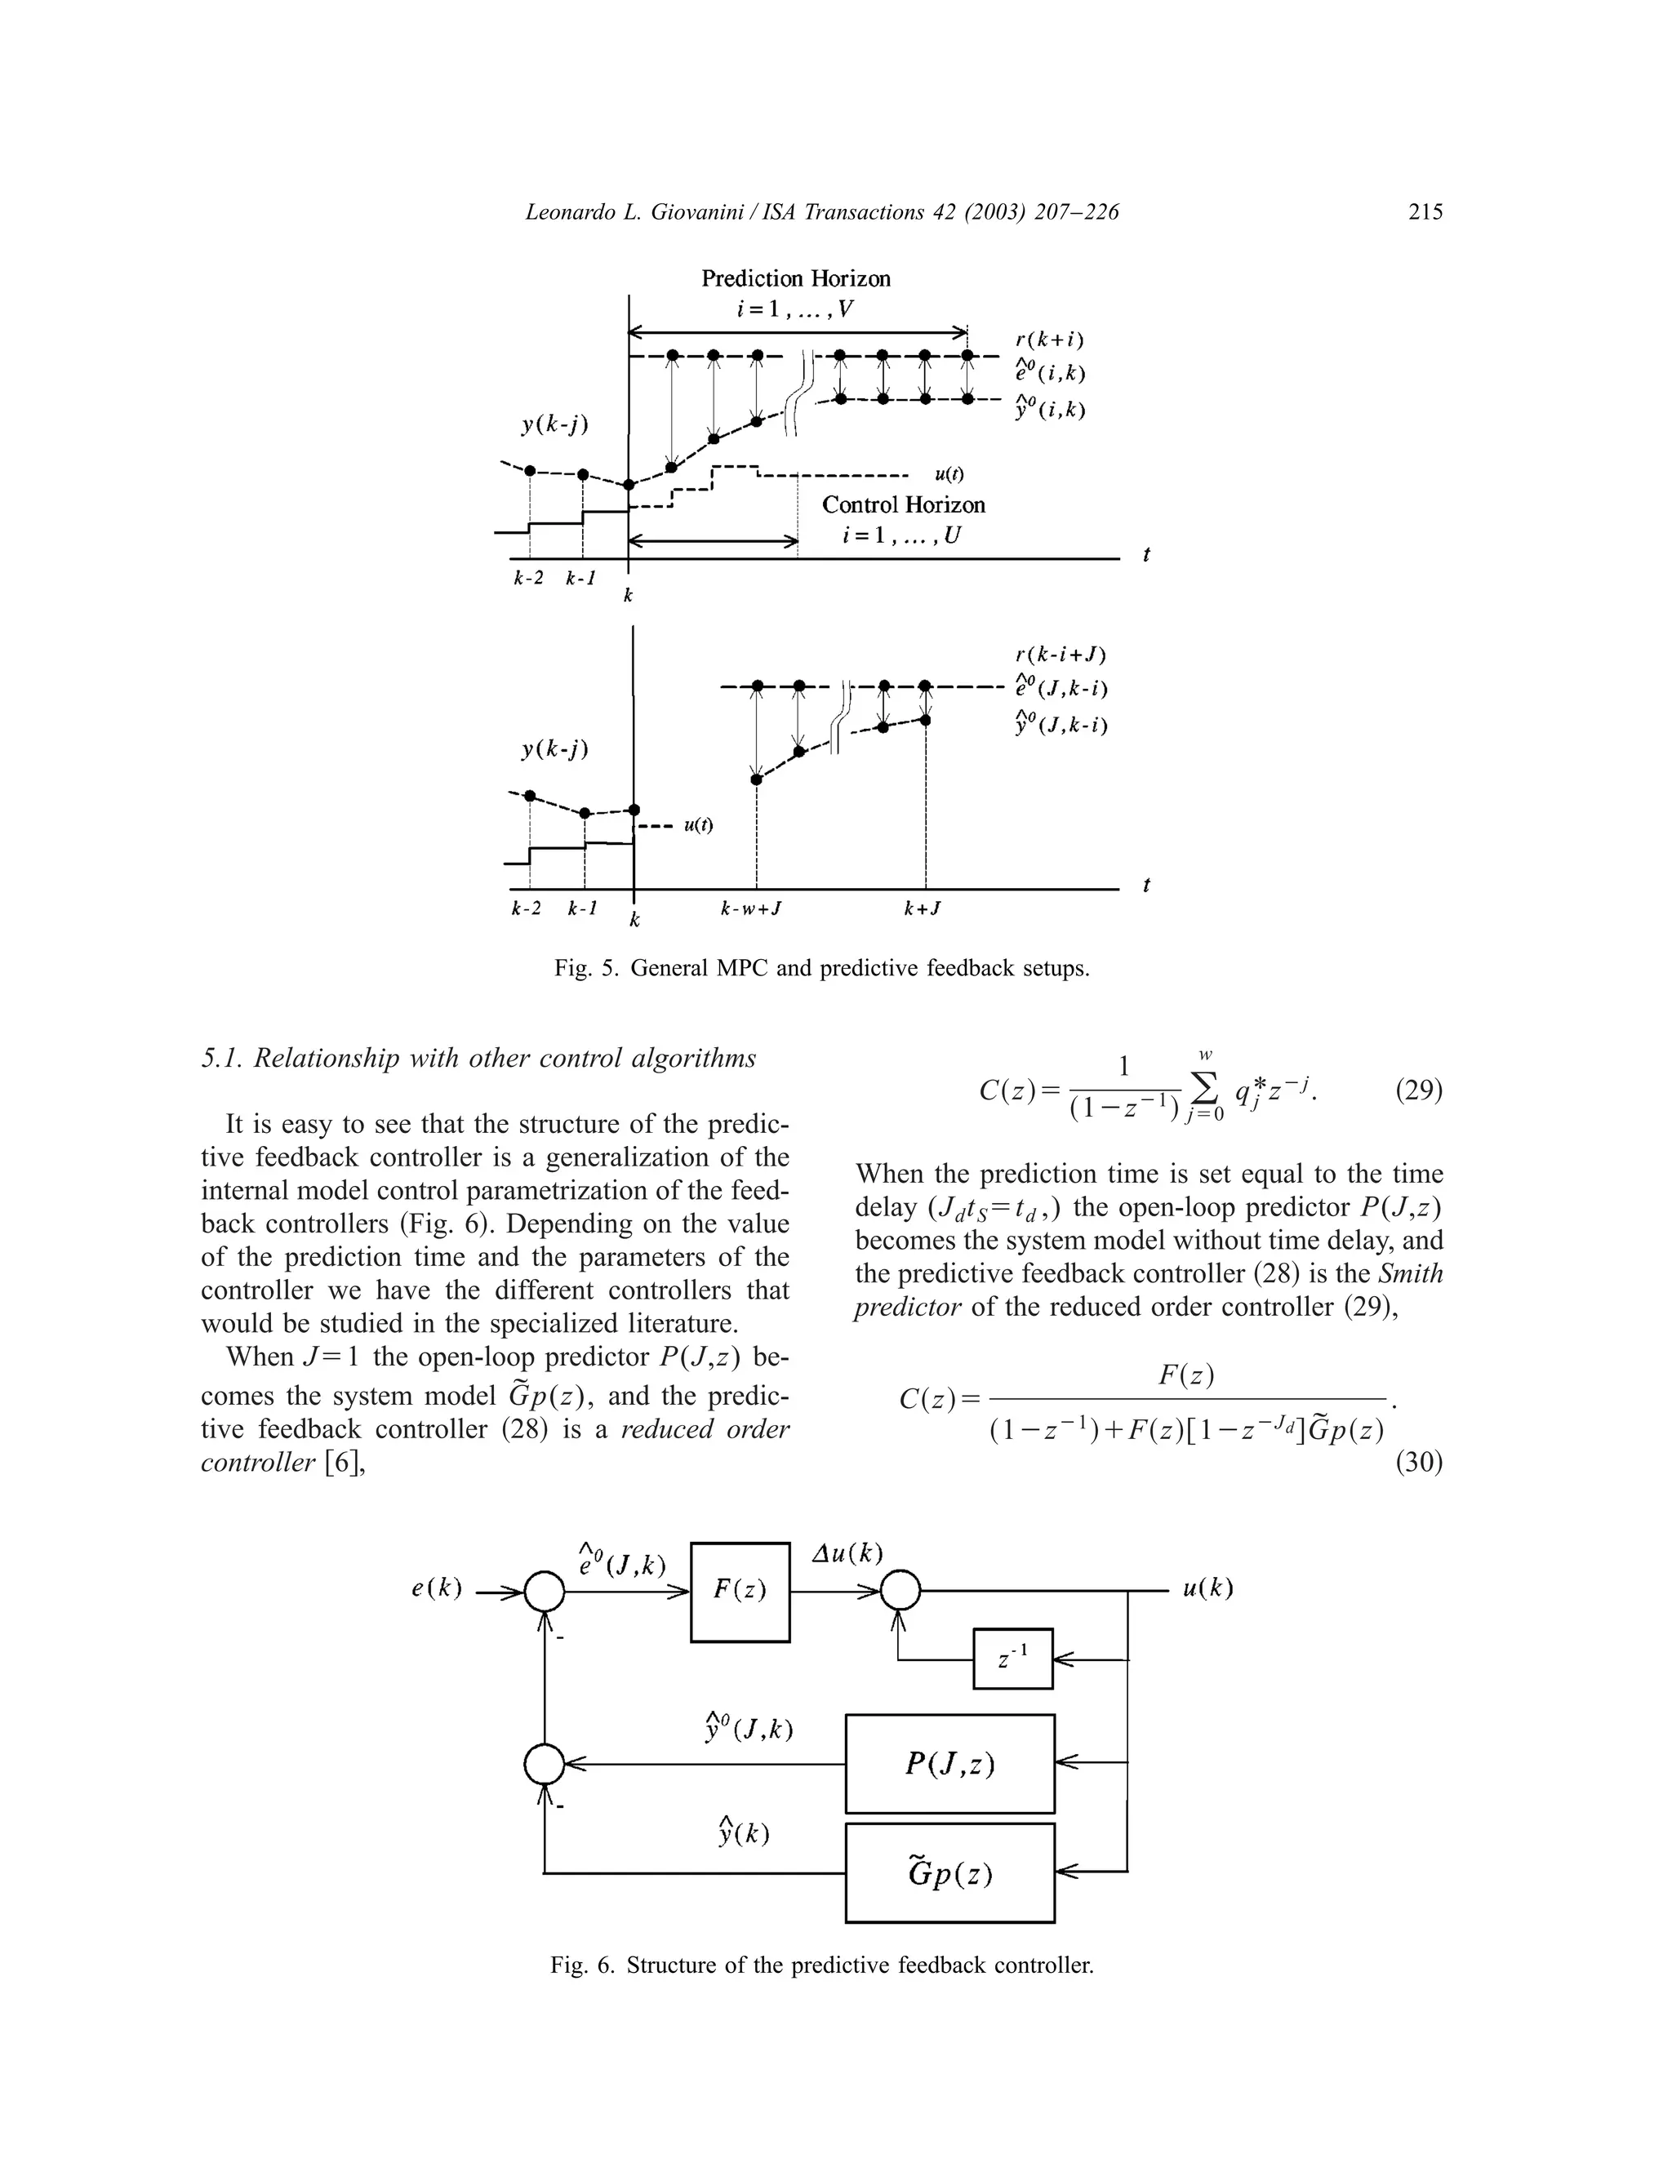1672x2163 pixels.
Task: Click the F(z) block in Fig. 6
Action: point(739,1592)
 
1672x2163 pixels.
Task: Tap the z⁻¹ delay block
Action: point(1012,1659)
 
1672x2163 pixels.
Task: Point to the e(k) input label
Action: point(437,1588)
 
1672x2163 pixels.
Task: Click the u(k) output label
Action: point(1207,1588)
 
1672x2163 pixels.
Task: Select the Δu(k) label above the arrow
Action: point(847,1553)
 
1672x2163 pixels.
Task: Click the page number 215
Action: point(1425,211)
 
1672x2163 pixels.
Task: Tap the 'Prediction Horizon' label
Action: point(795,278)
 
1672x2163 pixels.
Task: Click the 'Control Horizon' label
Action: point(904,504)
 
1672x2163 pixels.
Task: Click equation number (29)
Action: point(1418,1090)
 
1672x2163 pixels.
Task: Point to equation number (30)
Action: point(1418,1462)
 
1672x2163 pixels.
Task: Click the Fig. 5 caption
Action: point(821,967)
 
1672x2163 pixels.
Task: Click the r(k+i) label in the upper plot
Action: point(1049,340)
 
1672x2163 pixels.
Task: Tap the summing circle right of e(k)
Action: point(544,1592)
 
